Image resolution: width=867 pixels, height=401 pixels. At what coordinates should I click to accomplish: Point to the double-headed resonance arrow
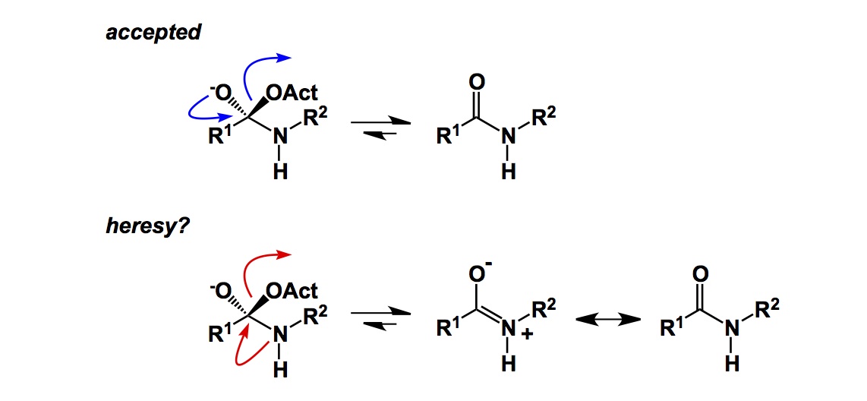(x=605, y=320)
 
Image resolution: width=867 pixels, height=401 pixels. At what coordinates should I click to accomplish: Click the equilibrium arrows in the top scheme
(x=379, y=128)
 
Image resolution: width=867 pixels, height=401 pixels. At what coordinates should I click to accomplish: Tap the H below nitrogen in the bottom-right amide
(x=732, y=365)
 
